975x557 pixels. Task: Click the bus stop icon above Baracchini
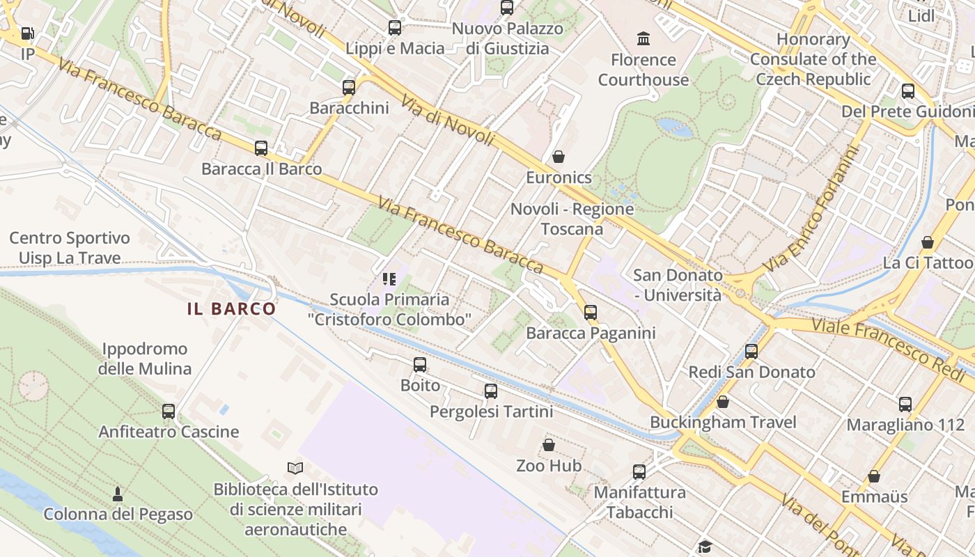click(x=349, y=88)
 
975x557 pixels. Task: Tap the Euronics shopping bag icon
click(x=558, y=157)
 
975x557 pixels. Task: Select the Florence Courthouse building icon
click(x=643, y=38)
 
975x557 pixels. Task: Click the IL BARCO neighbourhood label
click(x=231, y=309)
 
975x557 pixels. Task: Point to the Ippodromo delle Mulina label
click(x=145, y=359)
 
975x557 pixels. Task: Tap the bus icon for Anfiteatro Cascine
click(x=169, y=411)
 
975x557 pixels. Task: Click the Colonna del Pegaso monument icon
click(x=118, y=494)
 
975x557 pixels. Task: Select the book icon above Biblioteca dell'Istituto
click(x=295, y=469)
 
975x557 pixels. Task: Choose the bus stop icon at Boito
click(x=420, y=365)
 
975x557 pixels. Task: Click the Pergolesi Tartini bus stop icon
click(x=491, y=391)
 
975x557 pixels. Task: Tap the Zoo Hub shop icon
click(x=549, y=445)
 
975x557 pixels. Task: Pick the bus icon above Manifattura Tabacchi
click(x=639, y=472)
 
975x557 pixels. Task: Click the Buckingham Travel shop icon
click(x=723, y=402)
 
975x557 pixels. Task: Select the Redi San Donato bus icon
click(x=751, y=352)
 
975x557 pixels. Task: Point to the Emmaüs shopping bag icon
click(x=874, y=476)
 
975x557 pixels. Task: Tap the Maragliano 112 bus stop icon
click(x=905, y=404)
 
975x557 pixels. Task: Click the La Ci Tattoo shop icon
click(x=927, y=242)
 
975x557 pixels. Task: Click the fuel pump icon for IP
click(x=28, y=33)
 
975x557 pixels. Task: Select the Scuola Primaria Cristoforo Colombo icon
click(x=389, y=279)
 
